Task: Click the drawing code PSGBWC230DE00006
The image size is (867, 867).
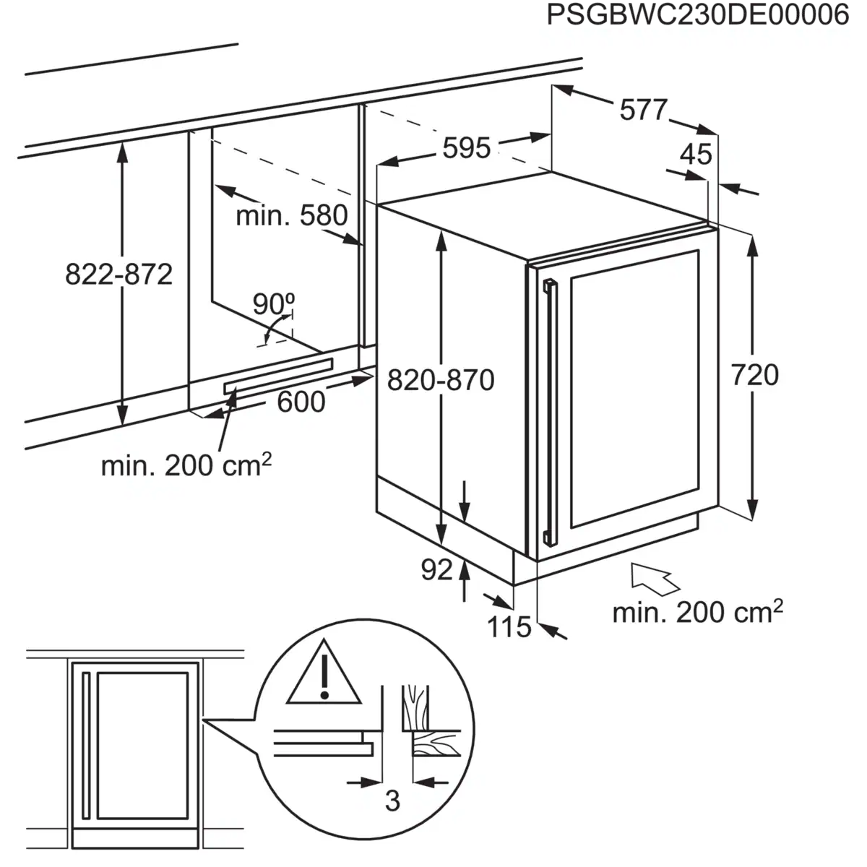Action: click(x=698, y=15)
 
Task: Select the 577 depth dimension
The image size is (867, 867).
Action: click(x=643, y=109)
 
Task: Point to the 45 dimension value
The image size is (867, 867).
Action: click(x=696, y=155)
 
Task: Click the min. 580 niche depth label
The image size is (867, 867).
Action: click(x=292, y=215)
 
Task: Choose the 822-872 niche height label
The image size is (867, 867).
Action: click(x=119, y=274)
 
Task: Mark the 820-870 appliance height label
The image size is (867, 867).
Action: click(x=441, y=380)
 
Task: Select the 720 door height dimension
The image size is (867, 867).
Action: click(x=755, y=375)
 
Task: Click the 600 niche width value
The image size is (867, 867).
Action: click(x=301, y=402)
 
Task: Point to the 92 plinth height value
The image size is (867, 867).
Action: click(x=437, y=570)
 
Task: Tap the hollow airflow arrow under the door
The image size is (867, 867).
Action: click(x=655, y=579)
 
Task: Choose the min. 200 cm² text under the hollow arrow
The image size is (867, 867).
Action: click(x=698, y=611)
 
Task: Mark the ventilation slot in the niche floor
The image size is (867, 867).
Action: click(x=278, y=376)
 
